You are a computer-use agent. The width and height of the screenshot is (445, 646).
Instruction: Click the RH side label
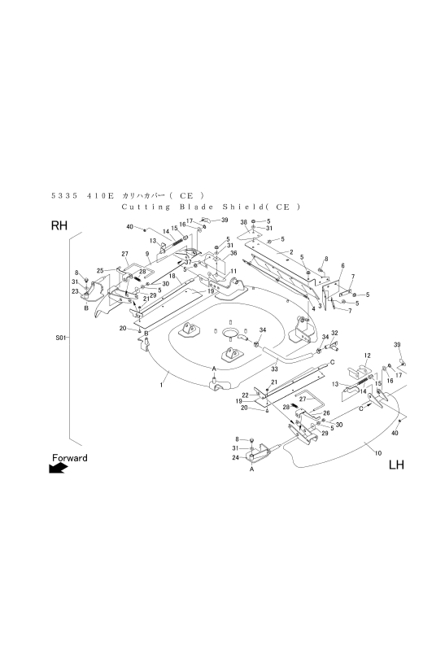pos(59,225)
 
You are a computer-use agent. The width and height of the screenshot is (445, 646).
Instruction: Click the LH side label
pos(396,465)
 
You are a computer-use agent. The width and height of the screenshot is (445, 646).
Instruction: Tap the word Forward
pos(70,458)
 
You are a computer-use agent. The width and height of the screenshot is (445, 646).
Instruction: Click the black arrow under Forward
pos(58,468)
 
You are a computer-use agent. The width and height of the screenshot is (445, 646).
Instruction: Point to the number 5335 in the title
pos(64,195)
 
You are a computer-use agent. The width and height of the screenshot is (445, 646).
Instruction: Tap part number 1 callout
pos(162,385)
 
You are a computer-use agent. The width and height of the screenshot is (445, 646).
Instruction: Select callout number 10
pos(377,453)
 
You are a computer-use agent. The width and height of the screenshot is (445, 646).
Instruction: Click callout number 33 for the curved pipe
pos(274,369)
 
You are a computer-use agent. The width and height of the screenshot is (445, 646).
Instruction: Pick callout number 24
pos(235,457)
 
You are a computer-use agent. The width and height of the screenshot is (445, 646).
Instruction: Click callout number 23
pos(75,291)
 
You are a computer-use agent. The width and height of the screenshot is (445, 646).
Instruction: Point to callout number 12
pos(368,356)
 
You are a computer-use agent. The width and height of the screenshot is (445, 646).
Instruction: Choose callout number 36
pos(233,253)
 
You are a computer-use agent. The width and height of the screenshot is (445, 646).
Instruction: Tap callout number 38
pos(243,222)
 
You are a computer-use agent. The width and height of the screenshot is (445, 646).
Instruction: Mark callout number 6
pos(342,266)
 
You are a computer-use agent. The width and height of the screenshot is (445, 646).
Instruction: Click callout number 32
pos(334,333)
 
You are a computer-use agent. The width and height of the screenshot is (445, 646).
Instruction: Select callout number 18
pos(172,275)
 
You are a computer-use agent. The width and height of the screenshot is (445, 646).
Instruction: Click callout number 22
pos(245,395)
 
